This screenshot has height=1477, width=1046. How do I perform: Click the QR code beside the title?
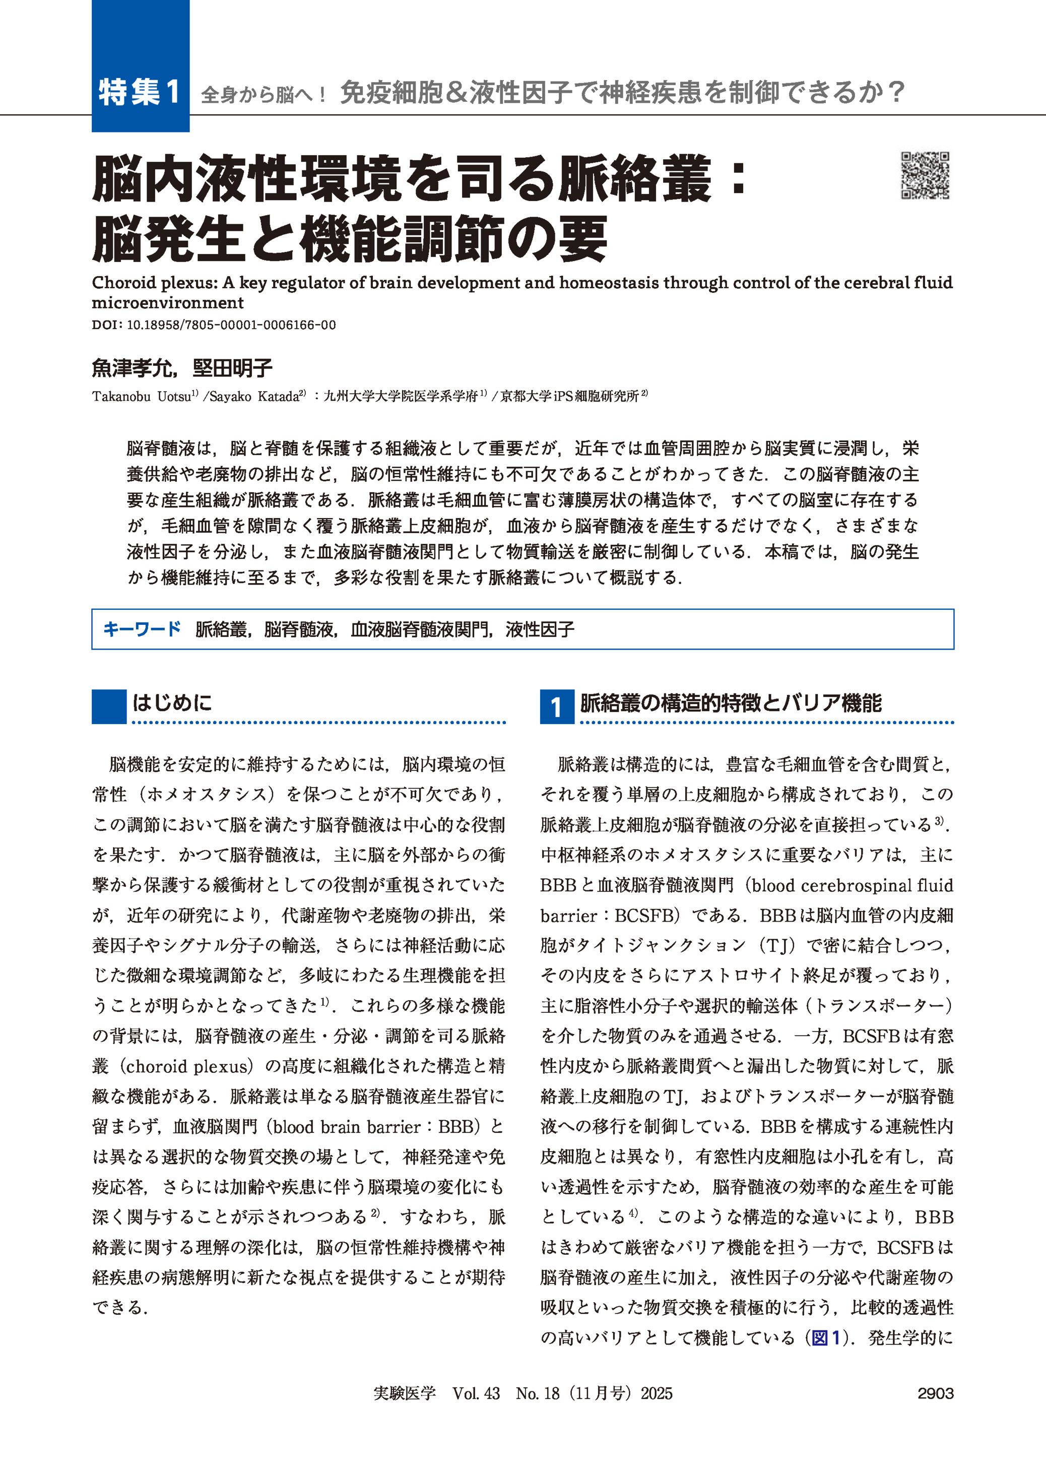925,175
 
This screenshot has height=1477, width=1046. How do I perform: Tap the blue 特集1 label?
140,92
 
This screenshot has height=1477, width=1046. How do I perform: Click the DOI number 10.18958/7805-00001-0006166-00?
231,326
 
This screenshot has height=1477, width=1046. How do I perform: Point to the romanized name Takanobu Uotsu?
141,397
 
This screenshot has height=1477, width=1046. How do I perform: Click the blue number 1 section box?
556,707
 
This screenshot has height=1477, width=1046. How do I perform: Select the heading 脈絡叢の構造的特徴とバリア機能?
731,703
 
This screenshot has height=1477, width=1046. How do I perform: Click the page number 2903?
935,1393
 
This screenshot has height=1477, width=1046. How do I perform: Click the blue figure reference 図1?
826,1338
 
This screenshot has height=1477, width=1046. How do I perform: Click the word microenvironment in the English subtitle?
167,303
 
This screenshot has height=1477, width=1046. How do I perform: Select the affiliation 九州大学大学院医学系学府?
400,397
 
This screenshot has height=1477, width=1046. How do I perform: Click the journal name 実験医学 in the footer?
405,1393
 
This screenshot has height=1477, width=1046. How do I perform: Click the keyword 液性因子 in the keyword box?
540,629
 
